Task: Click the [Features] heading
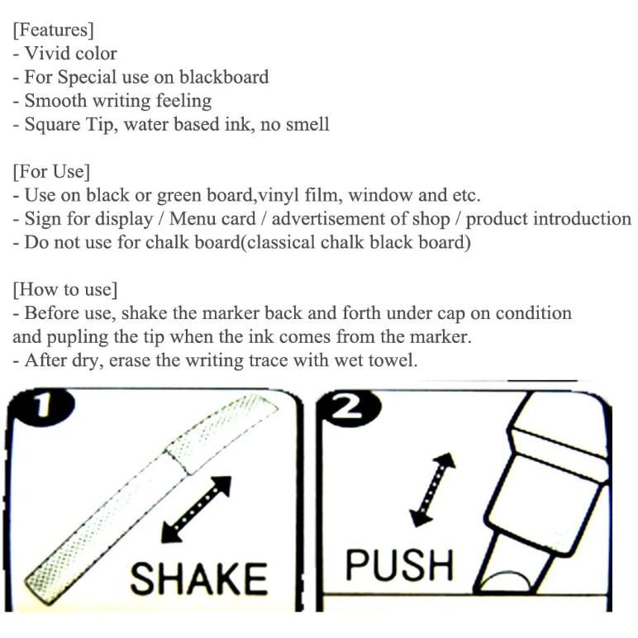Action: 53,30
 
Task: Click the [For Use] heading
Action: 51,172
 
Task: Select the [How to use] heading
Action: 65,290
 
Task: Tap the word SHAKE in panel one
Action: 199,579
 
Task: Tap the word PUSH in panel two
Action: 399,564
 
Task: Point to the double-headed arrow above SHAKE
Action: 197,509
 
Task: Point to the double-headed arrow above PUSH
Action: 432,489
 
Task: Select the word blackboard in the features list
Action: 224,77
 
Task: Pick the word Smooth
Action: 55,101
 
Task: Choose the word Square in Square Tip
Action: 53,125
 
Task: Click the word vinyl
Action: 279,196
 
